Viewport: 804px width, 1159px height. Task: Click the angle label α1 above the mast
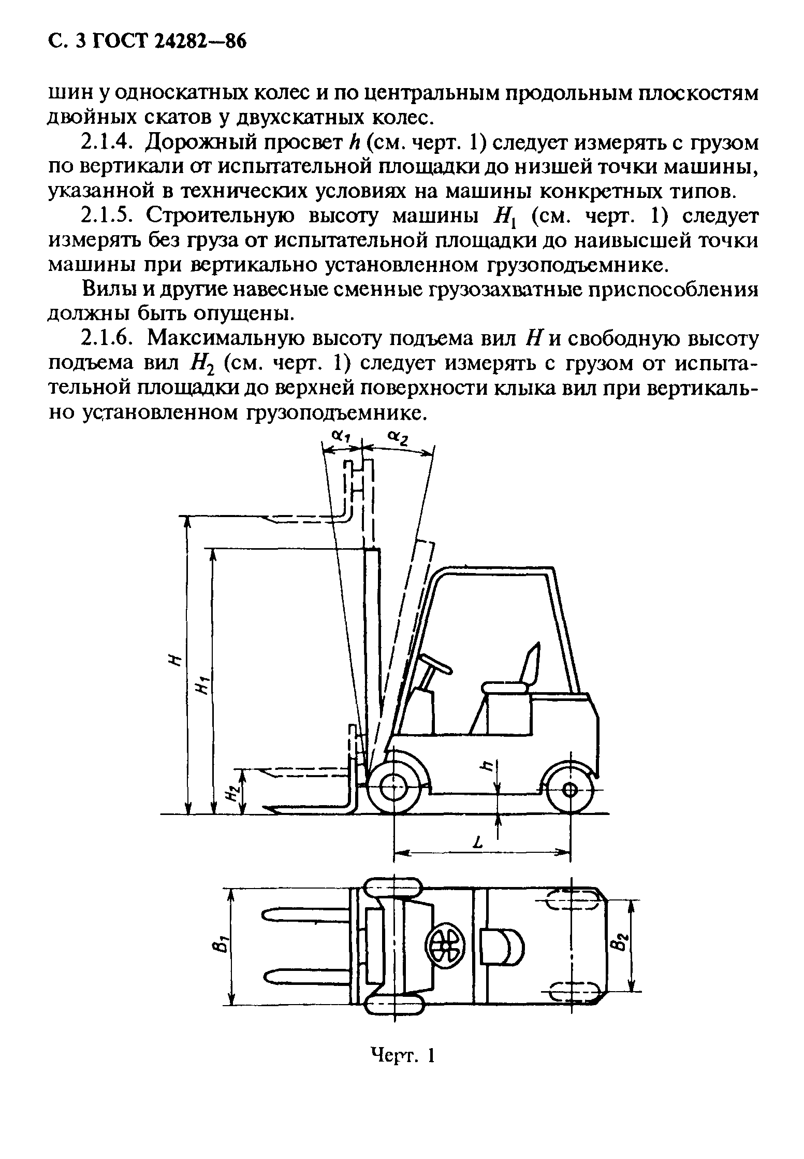[339, 437]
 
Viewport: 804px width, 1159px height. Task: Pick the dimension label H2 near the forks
[233, 791]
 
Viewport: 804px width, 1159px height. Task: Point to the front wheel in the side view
[394, 789]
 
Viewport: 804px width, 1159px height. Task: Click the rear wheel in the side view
[569, 790]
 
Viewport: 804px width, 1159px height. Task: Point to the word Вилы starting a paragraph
[108, 290]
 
